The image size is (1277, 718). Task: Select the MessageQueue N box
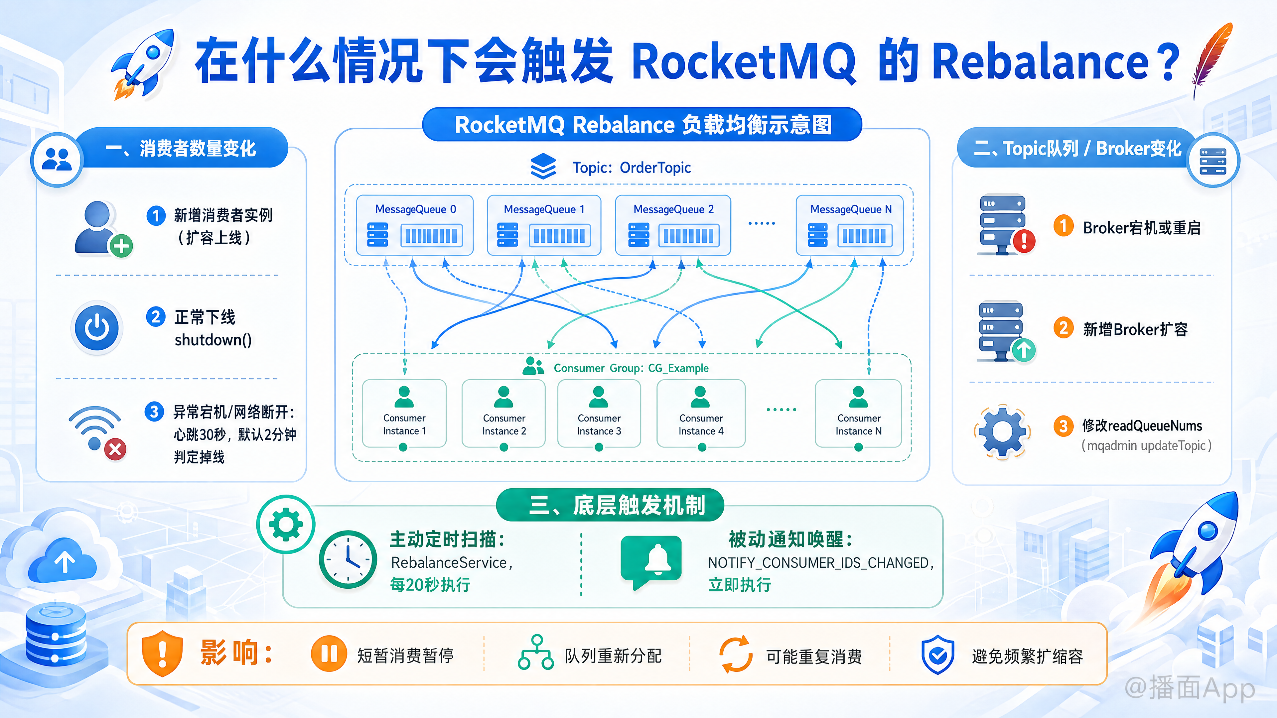[x=850, y=225]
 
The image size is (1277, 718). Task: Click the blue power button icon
[x=97, y=327]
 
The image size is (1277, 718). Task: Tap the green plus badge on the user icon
[x=121, y=246]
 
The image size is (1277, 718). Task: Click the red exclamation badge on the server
[x=1024, y=241]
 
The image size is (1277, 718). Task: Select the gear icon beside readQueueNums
[x=1002, y=431]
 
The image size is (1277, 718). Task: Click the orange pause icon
[x=329, y=654]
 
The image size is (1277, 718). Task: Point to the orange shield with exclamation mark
[x=162, y=654]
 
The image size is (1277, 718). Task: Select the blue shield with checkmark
[x=937, y=655]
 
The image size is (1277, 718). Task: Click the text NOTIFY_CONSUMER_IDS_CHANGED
[x=818, y=563]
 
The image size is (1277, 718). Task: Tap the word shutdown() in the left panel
[x=213, y=340]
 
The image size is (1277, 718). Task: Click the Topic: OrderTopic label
[x=632, y=168]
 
